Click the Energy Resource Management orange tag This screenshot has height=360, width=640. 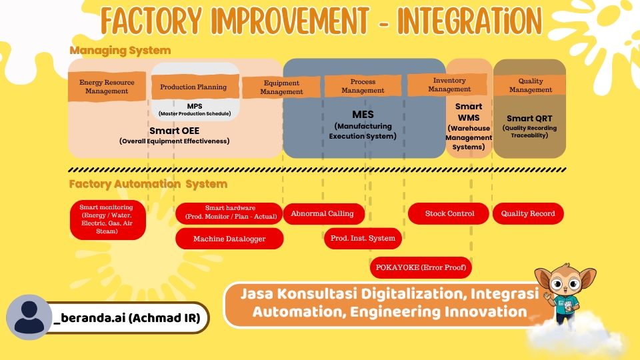coord(107,87)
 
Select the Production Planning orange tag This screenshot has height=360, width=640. coord(193,87)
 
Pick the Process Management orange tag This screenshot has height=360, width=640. coord(363,86)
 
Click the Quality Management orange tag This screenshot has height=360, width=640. coord(531,85)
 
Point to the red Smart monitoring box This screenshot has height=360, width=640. coord(107,219)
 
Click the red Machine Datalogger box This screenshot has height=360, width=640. coord(229,239)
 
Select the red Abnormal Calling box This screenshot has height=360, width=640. coord(327,213)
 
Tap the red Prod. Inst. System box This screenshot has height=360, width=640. coord(363,238)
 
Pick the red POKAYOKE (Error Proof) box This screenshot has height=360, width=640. coord(421,267)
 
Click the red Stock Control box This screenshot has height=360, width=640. coord(450,213)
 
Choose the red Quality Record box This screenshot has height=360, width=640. coord(528,213)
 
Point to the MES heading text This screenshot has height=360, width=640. coord(363,115)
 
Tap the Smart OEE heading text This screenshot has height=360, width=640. coord(174,131)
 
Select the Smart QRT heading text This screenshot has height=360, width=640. coord(529,119)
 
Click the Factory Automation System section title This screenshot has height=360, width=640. coord(148,184)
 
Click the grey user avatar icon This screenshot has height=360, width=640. coord(29,317)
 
